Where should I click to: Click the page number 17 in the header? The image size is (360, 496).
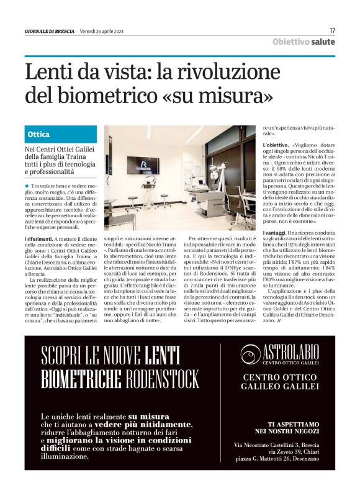coord(332,30)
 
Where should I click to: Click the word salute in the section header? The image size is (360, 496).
coord(323,42)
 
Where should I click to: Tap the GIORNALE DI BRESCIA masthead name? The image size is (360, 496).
coord(50,31)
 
